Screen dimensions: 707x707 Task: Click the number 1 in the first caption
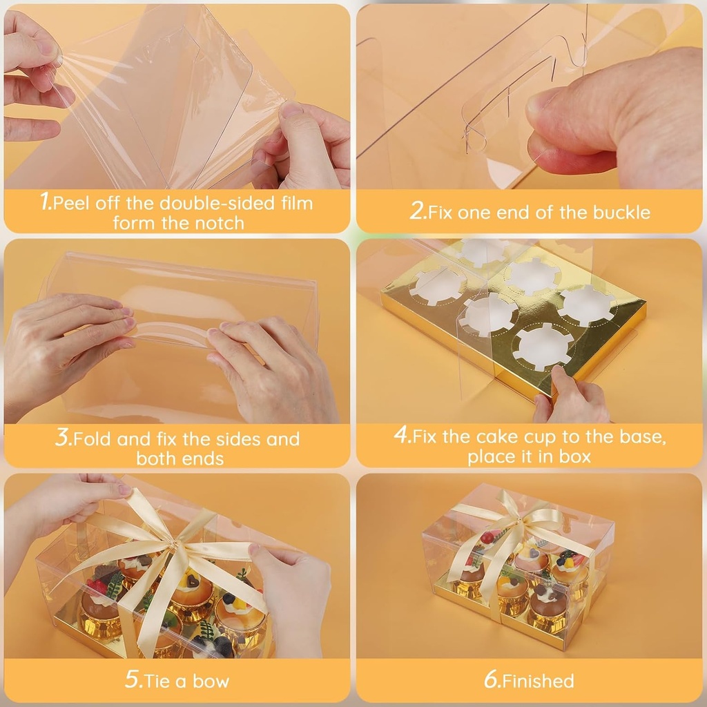pos(46,203)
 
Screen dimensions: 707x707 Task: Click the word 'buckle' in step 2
pos(624,212)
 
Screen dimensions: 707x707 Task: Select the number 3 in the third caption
pos(63,438)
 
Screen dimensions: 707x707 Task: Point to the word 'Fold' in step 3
pos(93,439)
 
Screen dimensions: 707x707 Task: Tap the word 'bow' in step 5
pos(210,681)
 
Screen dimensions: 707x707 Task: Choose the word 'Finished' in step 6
pos(539,681)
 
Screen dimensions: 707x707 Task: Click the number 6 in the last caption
pos(491,680)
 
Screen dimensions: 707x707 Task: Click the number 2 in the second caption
pos(418,212)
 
